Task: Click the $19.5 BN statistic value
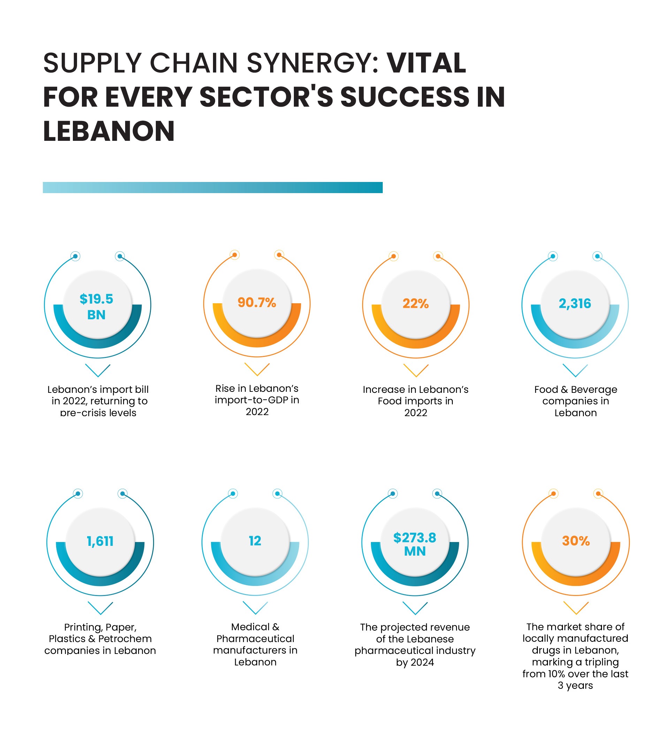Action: (x=97, y=307)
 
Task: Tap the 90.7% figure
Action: (x=257, y=303)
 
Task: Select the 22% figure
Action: (x=416, y=304)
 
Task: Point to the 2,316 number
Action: (x=575, y=304)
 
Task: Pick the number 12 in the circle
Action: (x=255, y=541)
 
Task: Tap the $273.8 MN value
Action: (x=415, y=544)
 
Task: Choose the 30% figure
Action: (x=576, y=541)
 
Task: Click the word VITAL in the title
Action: (x=426, y=63)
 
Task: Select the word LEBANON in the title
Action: (x=109, y=131)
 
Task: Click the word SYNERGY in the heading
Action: (x=313, y=63)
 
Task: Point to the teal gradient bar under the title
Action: (x=212, y=188)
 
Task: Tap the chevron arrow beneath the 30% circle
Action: (x=576, y=608)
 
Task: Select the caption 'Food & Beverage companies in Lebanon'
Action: (x=575, y=401)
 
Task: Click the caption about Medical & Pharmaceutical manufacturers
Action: (x=255, y=644)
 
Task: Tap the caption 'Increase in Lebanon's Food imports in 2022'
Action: (x=416, y=401)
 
